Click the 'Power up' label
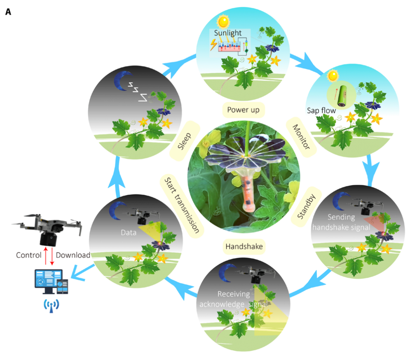pyautogui.click(x=243, y=110)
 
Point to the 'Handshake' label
pyautogui.click(x=244, y=246)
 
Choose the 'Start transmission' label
pyautogui.click(x=182, y=206)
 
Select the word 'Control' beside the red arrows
pyautogui.click(x=29, y=255)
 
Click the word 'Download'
pyautogui.click(x=73, y=255)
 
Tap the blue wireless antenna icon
pyautogui.click(x=51, y=305)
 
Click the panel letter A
pyautogui.click(x=8, y=12)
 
